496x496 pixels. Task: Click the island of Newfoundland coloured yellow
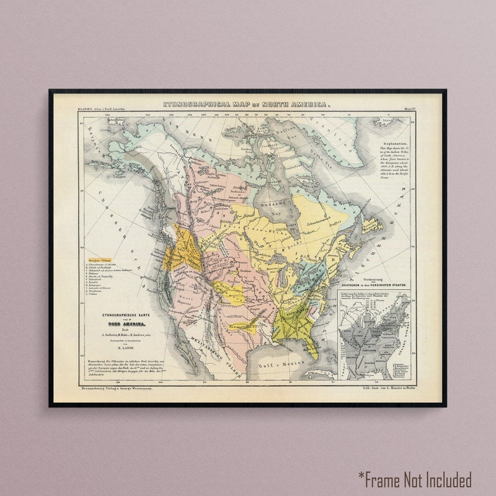pos(371,224)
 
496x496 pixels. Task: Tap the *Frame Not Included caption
pos(414,480)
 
